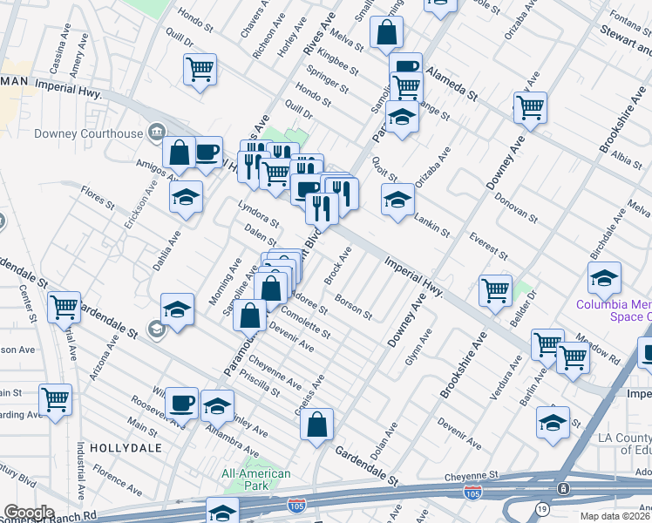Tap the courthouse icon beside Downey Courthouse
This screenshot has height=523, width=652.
click(156, 132)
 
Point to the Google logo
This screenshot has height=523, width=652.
click(29, 512)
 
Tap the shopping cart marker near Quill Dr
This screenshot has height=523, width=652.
click(200, 69)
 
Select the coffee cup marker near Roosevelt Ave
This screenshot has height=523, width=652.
click(181, 402)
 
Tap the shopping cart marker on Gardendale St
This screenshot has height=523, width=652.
click(64, 306)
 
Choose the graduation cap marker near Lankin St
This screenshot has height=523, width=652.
click(397, 200)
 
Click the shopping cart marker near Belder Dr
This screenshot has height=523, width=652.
click(495, 290)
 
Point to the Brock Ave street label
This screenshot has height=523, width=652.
click(338, 267)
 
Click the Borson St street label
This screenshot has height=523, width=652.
click(357, 309)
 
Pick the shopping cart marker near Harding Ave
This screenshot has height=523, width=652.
click(56, 398)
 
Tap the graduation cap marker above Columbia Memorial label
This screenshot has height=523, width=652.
click(604, 277)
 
